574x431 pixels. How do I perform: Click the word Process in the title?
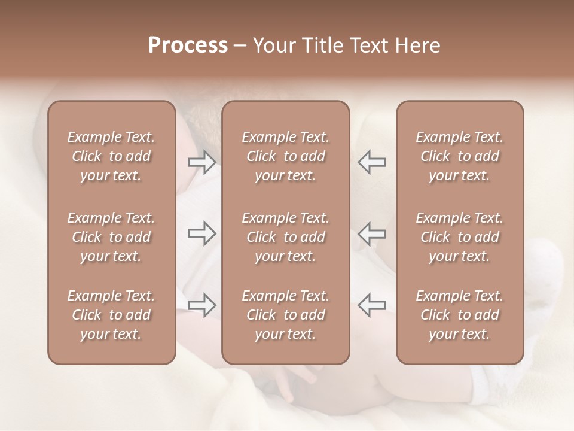[188, 45]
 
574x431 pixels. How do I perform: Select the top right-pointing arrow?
[201, 162]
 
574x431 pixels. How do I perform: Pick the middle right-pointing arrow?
[201, 233]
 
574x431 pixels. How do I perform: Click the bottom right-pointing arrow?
[201, 305]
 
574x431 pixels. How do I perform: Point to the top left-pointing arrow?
[372, 162]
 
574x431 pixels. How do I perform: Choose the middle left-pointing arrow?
[372, 233]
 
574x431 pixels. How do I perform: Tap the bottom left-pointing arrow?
[372, 305]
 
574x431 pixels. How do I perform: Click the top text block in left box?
[111, 156]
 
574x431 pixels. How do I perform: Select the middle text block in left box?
[111, 237]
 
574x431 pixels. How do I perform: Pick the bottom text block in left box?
[111, 315]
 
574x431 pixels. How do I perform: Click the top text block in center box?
[285, 156]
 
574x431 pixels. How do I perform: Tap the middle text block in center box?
[285, 237]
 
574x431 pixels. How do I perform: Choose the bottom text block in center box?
[285, 315]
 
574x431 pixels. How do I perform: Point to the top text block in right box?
[459, 156]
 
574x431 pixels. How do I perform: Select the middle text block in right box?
[459, 237]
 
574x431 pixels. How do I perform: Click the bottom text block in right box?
[459, 315]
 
